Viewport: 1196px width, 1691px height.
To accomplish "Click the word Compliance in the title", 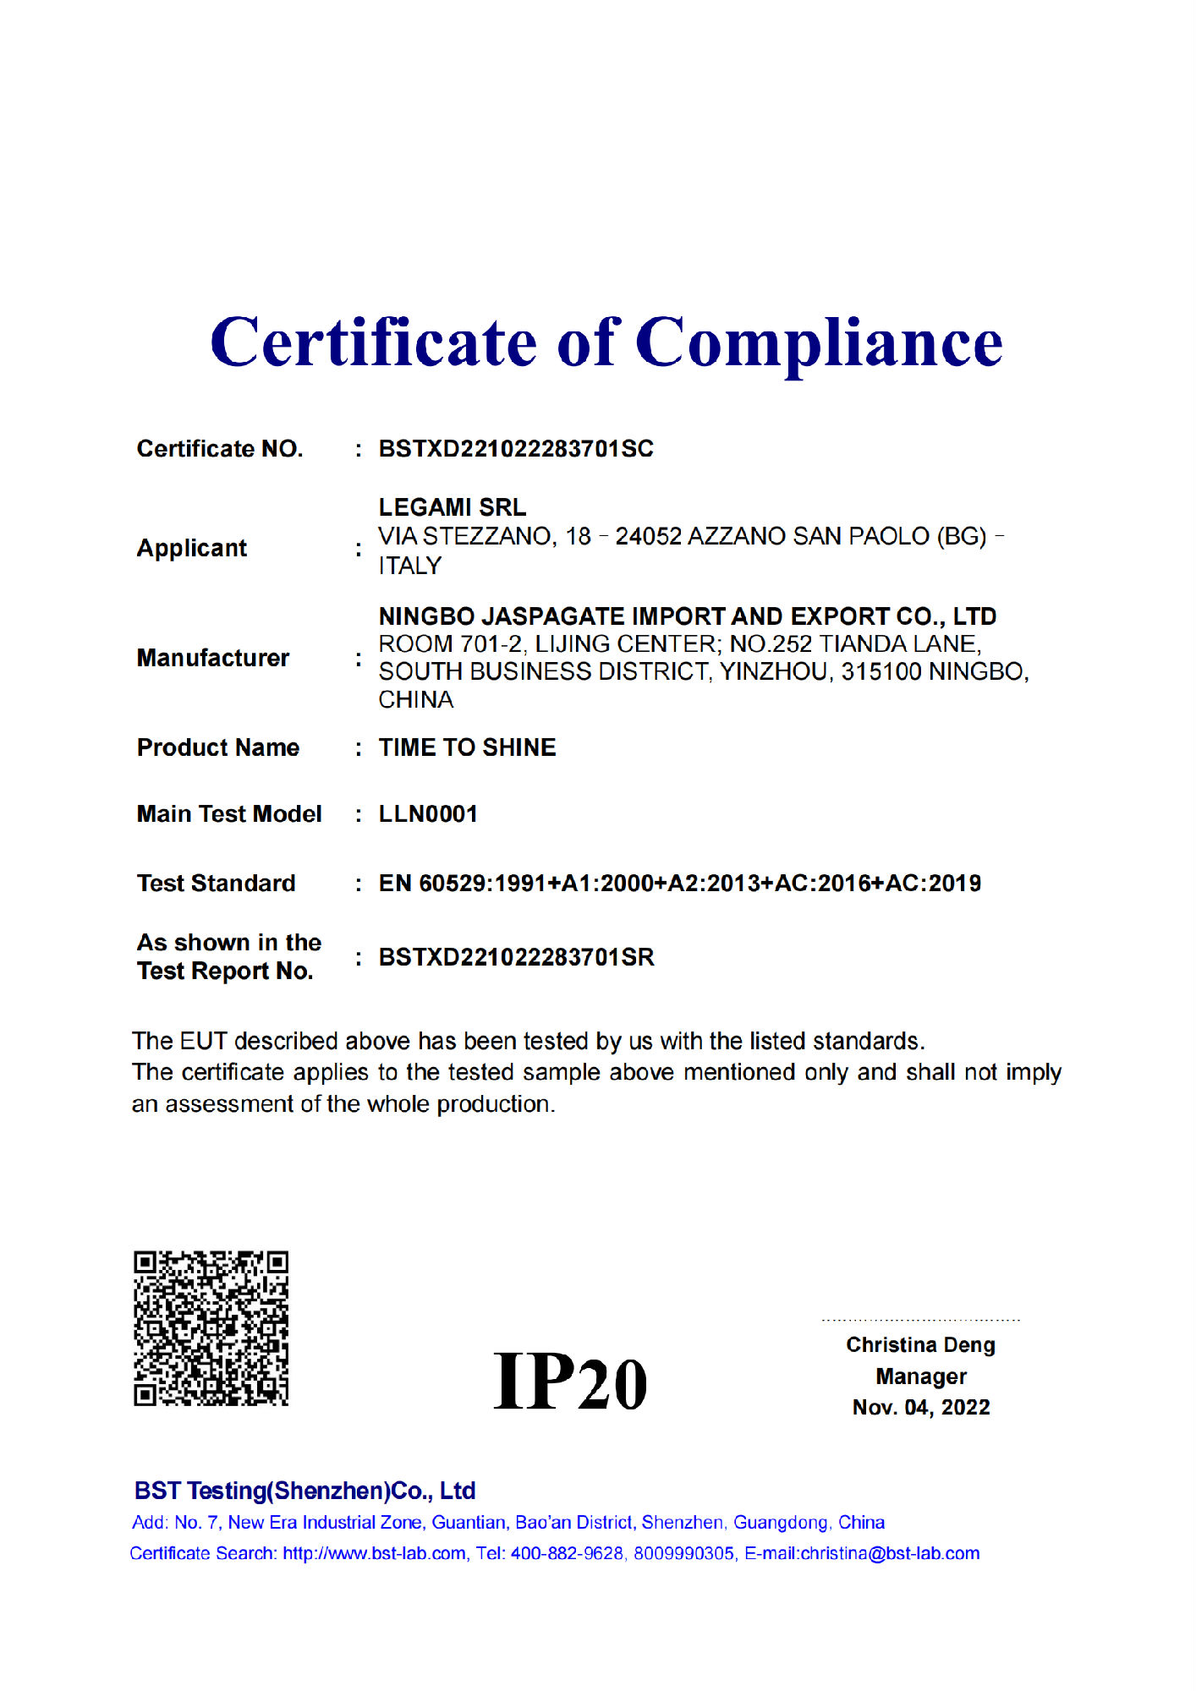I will (818, 342).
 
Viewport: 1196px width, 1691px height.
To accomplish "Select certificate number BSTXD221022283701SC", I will (516, 449).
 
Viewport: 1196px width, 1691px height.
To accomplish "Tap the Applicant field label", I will (192, 549).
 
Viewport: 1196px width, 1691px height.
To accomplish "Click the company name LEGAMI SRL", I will (453, 507).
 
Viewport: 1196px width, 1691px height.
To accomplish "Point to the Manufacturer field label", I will (213, 658).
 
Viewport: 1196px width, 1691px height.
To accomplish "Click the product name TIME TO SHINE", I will (467, 747).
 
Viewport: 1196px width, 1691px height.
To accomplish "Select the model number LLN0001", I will (428, 814).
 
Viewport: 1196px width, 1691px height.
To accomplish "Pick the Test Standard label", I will (217, 884).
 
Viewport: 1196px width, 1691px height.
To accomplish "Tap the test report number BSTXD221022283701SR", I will (516, 957).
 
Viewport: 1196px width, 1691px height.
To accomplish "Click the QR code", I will (211, 1328).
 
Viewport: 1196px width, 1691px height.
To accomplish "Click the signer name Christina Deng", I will (920, 1345).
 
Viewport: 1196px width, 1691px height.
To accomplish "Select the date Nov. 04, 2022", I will (921, 1408).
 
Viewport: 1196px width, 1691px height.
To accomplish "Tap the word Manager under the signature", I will (921, 1376).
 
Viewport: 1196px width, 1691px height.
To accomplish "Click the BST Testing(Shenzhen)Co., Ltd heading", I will (304, 1491).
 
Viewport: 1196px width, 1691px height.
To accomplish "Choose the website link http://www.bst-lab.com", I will (374, 1553).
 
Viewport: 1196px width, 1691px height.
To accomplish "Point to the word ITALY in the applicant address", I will (410, 566).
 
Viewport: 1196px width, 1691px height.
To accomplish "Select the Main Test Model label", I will (229, 814).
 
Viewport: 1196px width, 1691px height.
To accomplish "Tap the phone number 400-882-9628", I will (566, 1553).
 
